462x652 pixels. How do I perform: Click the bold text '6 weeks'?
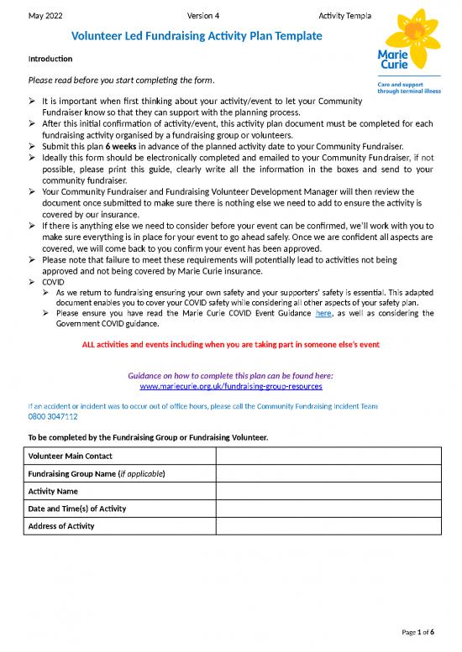coord(121,144)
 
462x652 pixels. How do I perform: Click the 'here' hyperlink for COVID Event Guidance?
coord(323,314)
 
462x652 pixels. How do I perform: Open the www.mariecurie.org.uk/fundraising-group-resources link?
coord(230,387)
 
